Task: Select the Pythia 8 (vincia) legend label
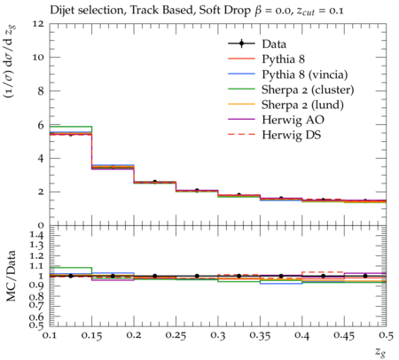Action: [305, 74]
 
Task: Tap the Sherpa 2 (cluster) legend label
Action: [308, 90]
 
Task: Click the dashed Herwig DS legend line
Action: [241, 135]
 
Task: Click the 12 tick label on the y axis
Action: [37, 23]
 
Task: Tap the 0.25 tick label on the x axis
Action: [176, 336]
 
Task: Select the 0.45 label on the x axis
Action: [344, 336]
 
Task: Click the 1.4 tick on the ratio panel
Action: [36, 235]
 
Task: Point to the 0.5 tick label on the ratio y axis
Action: [36, 325]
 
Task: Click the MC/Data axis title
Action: [11, 276]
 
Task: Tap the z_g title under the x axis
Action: [380, 352]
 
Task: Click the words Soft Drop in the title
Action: [224, 11]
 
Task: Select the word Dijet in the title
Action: [62, 11]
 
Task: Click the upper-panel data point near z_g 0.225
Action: [154, 182]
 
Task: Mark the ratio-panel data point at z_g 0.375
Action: [281, 276]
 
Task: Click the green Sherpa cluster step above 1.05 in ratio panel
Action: [71, 268]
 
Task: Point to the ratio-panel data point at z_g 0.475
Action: [365, 276]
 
